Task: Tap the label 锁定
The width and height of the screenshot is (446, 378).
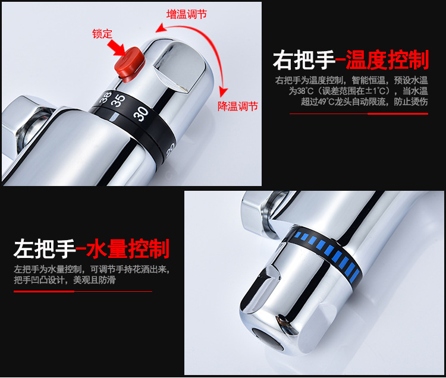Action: point(102,34)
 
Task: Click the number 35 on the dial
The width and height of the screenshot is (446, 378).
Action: point(119,99)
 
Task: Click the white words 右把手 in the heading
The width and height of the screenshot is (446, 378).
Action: point(303,61)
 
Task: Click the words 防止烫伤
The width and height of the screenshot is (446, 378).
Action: point(411,102)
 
